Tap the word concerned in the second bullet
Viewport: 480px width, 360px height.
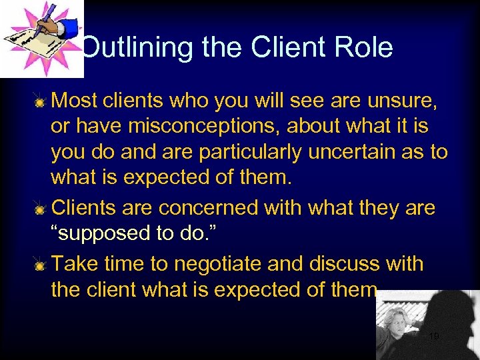(x=208, y=207)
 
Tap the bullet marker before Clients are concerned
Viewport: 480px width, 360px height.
(x=41, y=209)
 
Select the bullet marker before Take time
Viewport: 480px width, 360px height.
(x=41, y=265)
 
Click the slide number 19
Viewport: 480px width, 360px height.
(x=434, y=337)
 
